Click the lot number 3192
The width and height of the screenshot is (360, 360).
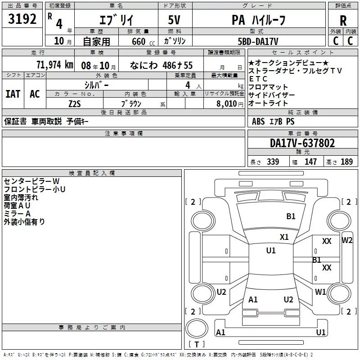click(x=22, y=19)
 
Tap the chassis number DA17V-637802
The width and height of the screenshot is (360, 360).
click(x=302, y=143)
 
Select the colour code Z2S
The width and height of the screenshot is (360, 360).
click(x=75, y=103)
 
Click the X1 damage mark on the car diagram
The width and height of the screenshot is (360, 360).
click(x=284, y=237)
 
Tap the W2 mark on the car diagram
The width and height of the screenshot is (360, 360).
click(x=347, y=240)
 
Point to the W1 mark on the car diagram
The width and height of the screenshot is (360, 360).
click(x=320, y=292)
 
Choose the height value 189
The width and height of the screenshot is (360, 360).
click(x=346, y=162)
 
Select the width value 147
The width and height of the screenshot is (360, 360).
click(x=310, y=162)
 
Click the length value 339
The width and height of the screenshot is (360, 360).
click(x=273, y=162)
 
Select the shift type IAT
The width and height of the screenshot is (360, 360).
click(x=13, y=94)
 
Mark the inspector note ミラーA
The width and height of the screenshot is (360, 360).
click(x=17, y=213)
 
